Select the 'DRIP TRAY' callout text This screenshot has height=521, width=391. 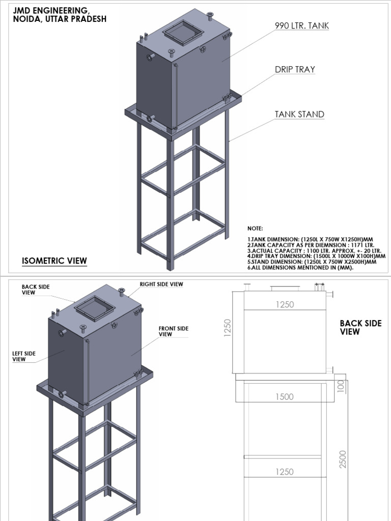pos(295,70)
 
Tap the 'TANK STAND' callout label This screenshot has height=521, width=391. pos(299,114)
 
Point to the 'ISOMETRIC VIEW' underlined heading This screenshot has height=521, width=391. pos(54,262)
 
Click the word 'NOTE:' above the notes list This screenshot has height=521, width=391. pos(256,229)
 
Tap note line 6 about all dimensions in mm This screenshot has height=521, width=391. pos(300,268)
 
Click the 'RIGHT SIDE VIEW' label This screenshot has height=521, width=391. pos(161,284)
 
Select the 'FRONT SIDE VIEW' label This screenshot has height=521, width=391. pos(173,332)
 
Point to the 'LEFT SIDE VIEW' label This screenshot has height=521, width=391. pos(23,356)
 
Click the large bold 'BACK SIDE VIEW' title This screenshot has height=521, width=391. pos(360,327)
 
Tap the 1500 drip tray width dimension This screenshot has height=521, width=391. pos(285,397)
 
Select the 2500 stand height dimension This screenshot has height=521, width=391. pos(343,459)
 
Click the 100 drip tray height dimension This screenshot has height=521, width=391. pos(342,386)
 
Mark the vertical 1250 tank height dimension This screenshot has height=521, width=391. pos(228,328)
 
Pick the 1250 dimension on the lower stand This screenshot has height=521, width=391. pos(285,472)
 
